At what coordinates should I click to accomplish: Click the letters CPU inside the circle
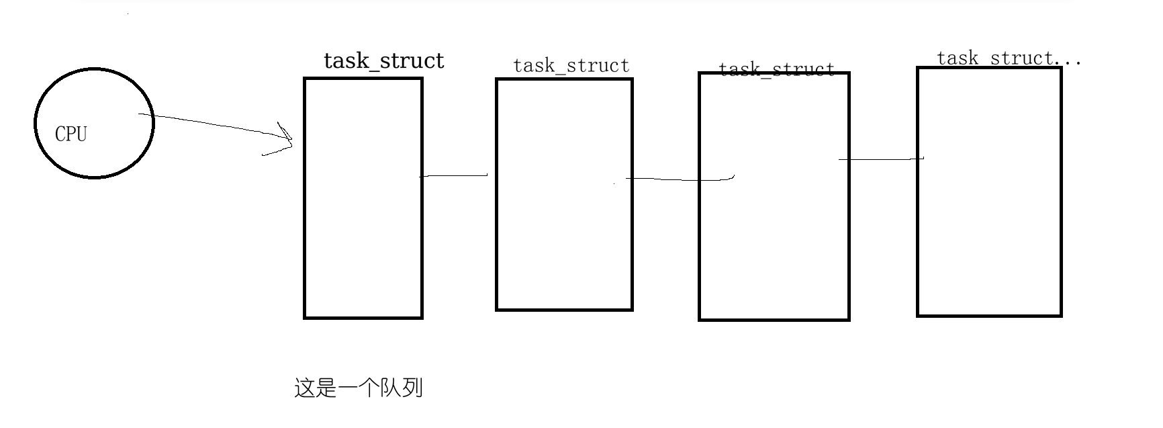click(71, 134)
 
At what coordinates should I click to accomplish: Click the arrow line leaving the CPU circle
click(208, 124)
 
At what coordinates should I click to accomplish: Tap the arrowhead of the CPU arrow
click(287, 138)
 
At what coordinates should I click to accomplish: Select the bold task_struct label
click(383, 61)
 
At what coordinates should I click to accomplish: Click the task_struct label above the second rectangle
click(571, 66)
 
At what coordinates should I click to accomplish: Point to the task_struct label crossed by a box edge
click(776, 69)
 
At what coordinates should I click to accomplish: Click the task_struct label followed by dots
click(995, 59)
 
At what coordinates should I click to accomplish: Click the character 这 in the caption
click(305, 388)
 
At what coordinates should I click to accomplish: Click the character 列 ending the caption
click(412, 388)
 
